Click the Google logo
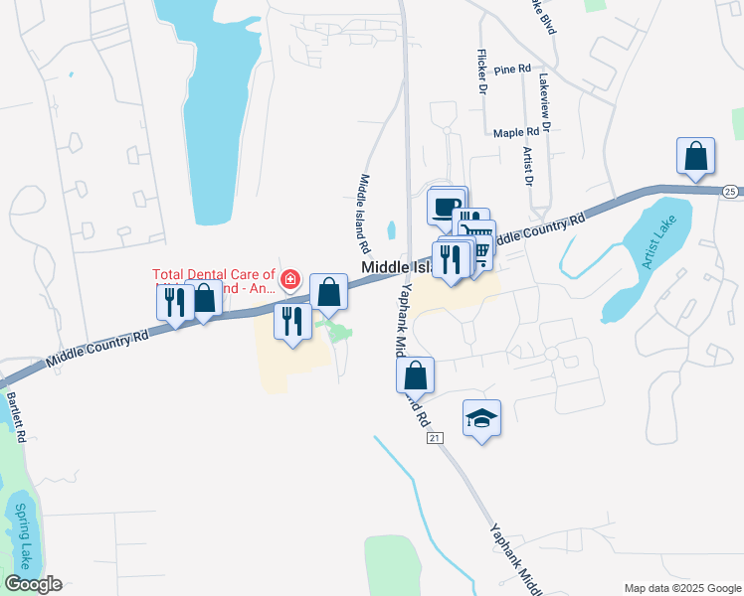tap(33, 584)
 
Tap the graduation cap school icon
tap(481, 419)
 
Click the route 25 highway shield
tap(729, 190)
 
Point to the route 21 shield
tap(435, 437)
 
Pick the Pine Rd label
tap(511, 70)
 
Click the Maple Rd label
tap(515, 131)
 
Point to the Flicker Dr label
tap(481, 72)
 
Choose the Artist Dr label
tap(528, 167)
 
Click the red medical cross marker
tap(290, 279)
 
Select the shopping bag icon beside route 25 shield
tap(695, 157)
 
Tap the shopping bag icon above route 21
tap(416, 375)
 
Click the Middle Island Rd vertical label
tap(363, 213)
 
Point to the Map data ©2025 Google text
tap(681, 587)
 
